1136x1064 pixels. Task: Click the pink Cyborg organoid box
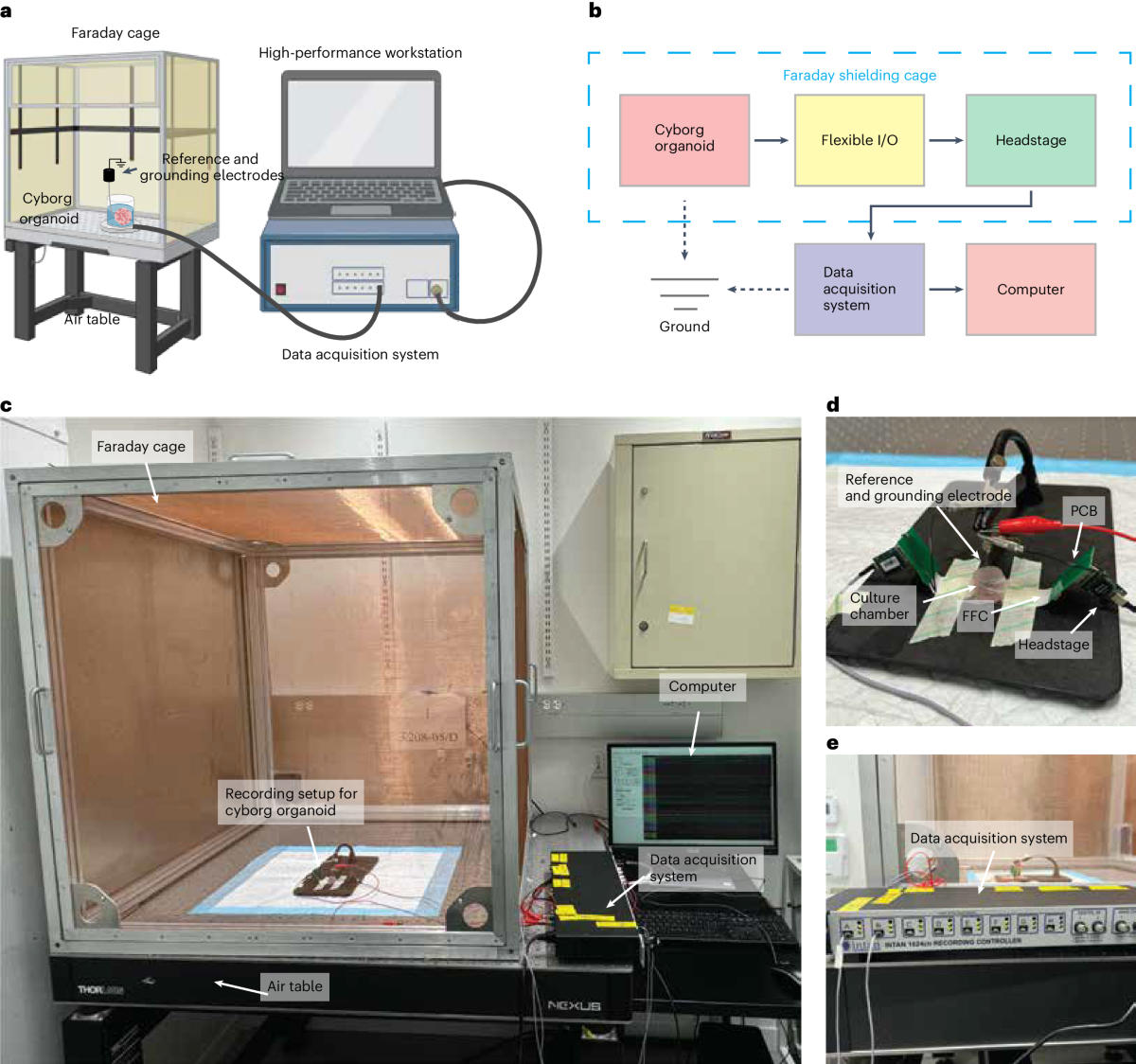[684, 140]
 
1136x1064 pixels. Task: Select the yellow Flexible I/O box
[860, 140]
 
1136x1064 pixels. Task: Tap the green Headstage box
[1031, 140]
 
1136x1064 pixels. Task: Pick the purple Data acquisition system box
[860, 289]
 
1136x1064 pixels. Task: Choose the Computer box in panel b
[1031, 289]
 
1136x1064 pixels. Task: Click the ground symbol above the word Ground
[684, 293]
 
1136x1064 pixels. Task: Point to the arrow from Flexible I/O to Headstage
[945, 140]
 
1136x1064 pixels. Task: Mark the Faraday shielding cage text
[860, 76]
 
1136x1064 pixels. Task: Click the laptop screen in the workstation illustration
[361, 123]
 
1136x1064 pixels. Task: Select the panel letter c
[7, 406]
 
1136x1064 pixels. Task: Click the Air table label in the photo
[294, 986]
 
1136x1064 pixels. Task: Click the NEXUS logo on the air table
[574, 1005]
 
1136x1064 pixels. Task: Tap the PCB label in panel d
[1084, 511]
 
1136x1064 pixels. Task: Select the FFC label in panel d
[975, 616]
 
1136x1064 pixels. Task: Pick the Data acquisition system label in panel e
[988, 838]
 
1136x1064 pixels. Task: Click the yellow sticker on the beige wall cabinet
[681, 613]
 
